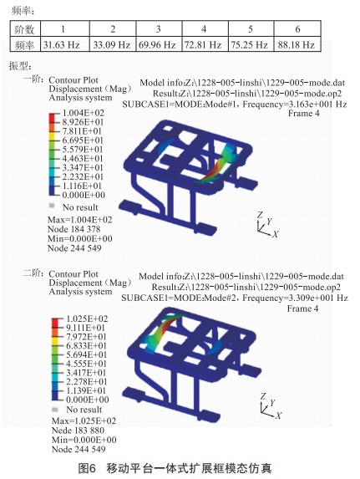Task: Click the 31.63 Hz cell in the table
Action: click(61, 45)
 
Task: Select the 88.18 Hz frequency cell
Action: click(297, 45)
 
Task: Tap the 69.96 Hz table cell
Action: click(157, 45)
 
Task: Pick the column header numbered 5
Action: click(251, 29)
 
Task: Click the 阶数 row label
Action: click(24, 29)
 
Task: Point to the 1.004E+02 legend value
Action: click(84, 113)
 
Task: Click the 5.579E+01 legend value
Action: click(83, 150)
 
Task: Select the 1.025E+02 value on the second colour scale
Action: click(87, 319)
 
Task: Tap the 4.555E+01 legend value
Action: click(86, 364)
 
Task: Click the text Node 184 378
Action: click(74, 229)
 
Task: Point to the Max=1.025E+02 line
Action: click(84, 421)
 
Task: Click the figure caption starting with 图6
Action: click(175, 468)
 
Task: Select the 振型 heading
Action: click(20, 66)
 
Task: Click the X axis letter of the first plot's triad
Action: click(276, 234)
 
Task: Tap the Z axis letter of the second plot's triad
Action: click(263, 396)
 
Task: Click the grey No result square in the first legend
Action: click(52, 206)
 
